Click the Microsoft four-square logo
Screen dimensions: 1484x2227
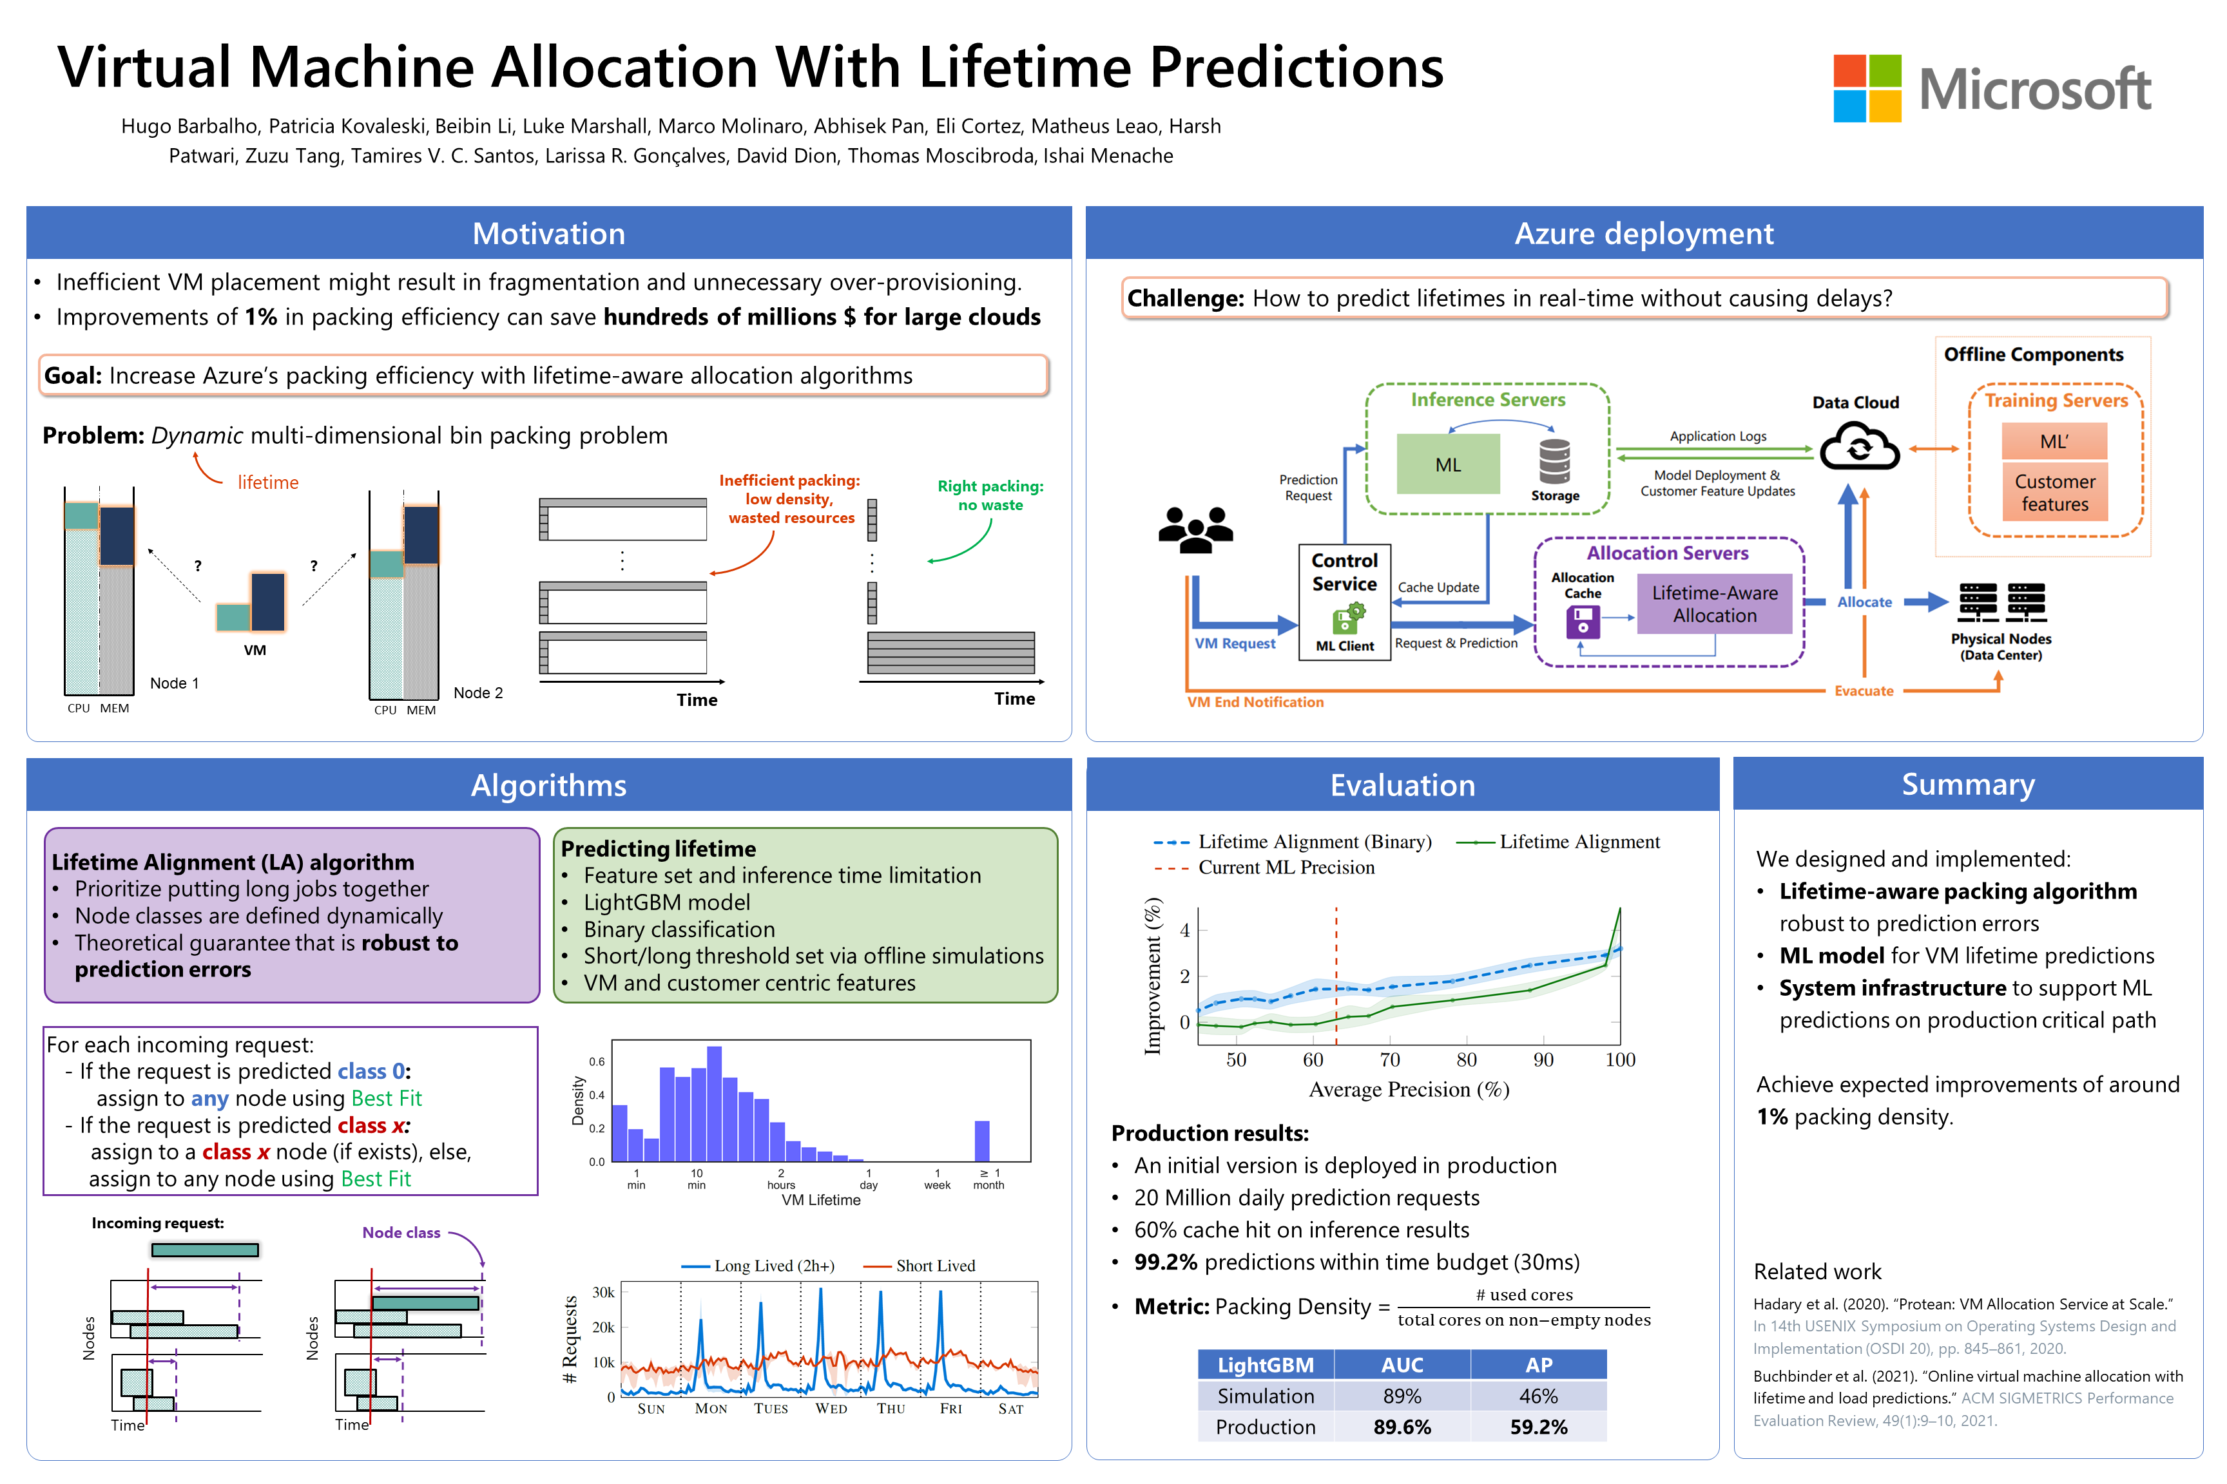pyautogui.click(x=1866, y=88)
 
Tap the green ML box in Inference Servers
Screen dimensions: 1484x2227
pyautogui.click(x=1448, y=464)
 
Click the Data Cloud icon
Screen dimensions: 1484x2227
pyautogui.click(x=1858, y=447)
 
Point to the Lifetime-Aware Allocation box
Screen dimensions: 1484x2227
pyautogui.click(x=1714, y=604)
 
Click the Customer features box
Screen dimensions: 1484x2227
pyautogui.click(x=2054, y=492)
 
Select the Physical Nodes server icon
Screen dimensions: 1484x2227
pyautogui.click(x=2001, y=602)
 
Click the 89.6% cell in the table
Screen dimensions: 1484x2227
pyautogui.click(x=1402, y=1426)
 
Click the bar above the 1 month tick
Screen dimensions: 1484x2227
pyautogui.click(x=982, y=1141)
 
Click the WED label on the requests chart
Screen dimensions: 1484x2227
pyautogui.click(x=831, y=1408)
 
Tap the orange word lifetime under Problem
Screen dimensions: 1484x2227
pyautogui.click(x=268, y=482)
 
